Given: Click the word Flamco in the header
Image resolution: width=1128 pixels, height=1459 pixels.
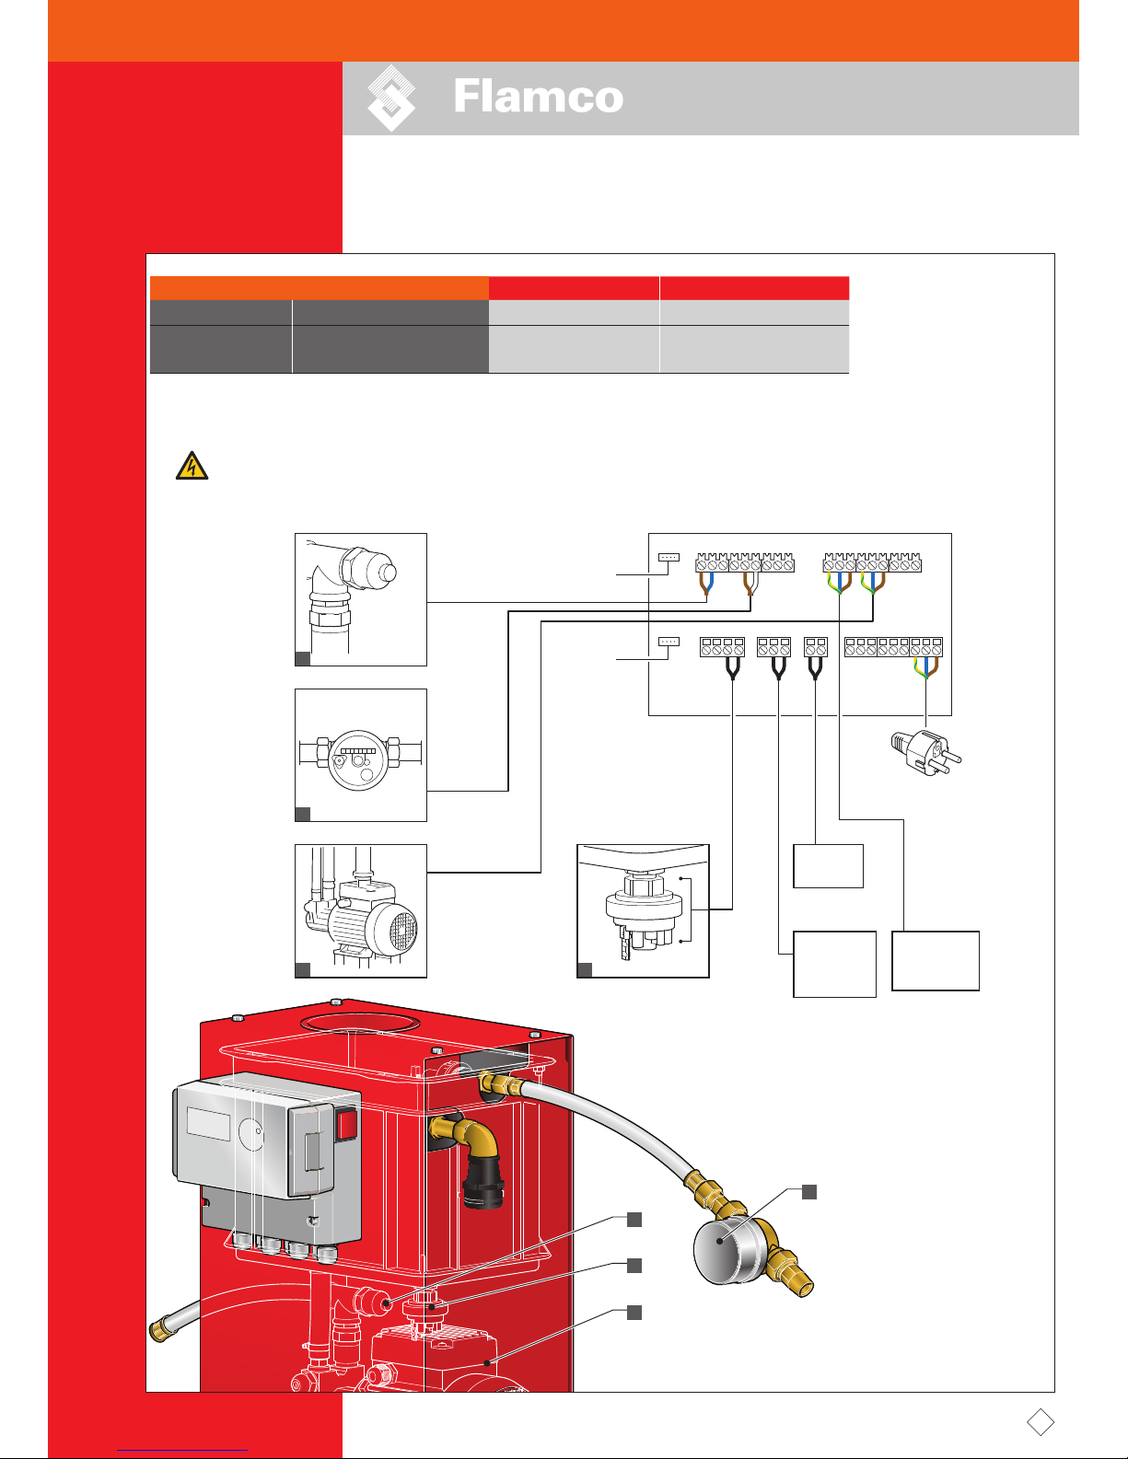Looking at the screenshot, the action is point(539,97).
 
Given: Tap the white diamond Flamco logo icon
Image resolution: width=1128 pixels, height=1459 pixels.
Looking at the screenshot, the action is point(391,98).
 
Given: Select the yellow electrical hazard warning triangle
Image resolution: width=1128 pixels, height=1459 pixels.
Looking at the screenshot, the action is point(192,465).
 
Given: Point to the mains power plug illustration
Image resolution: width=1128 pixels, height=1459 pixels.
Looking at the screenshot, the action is point(926,752).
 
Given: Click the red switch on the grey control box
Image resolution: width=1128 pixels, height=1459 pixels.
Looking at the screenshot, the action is point(346,1125).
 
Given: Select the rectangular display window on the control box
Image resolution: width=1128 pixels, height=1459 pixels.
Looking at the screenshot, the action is point(208,1123).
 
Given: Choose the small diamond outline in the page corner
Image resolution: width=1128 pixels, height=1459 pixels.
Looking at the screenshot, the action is point(1040,1422).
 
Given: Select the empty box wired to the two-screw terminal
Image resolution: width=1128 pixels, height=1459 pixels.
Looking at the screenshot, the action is point(828,866).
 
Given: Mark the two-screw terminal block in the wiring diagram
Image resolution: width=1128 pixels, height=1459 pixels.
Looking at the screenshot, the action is point(815,646).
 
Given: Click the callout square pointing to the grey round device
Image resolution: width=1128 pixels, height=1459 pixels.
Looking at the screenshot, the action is point(809,1192).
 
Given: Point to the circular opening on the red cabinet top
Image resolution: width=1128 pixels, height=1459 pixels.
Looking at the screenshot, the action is point(360,1023).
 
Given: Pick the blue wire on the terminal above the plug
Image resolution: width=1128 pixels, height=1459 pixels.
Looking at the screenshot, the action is point(926,667).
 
